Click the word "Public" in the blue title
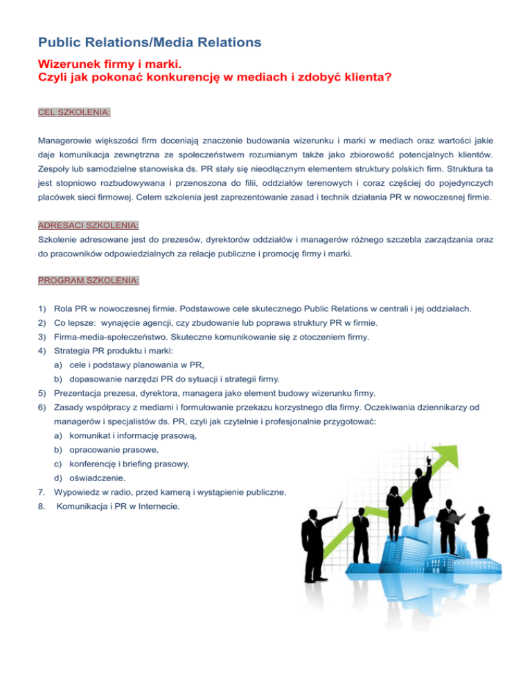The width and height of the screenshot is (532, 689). tap(61, 42)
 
